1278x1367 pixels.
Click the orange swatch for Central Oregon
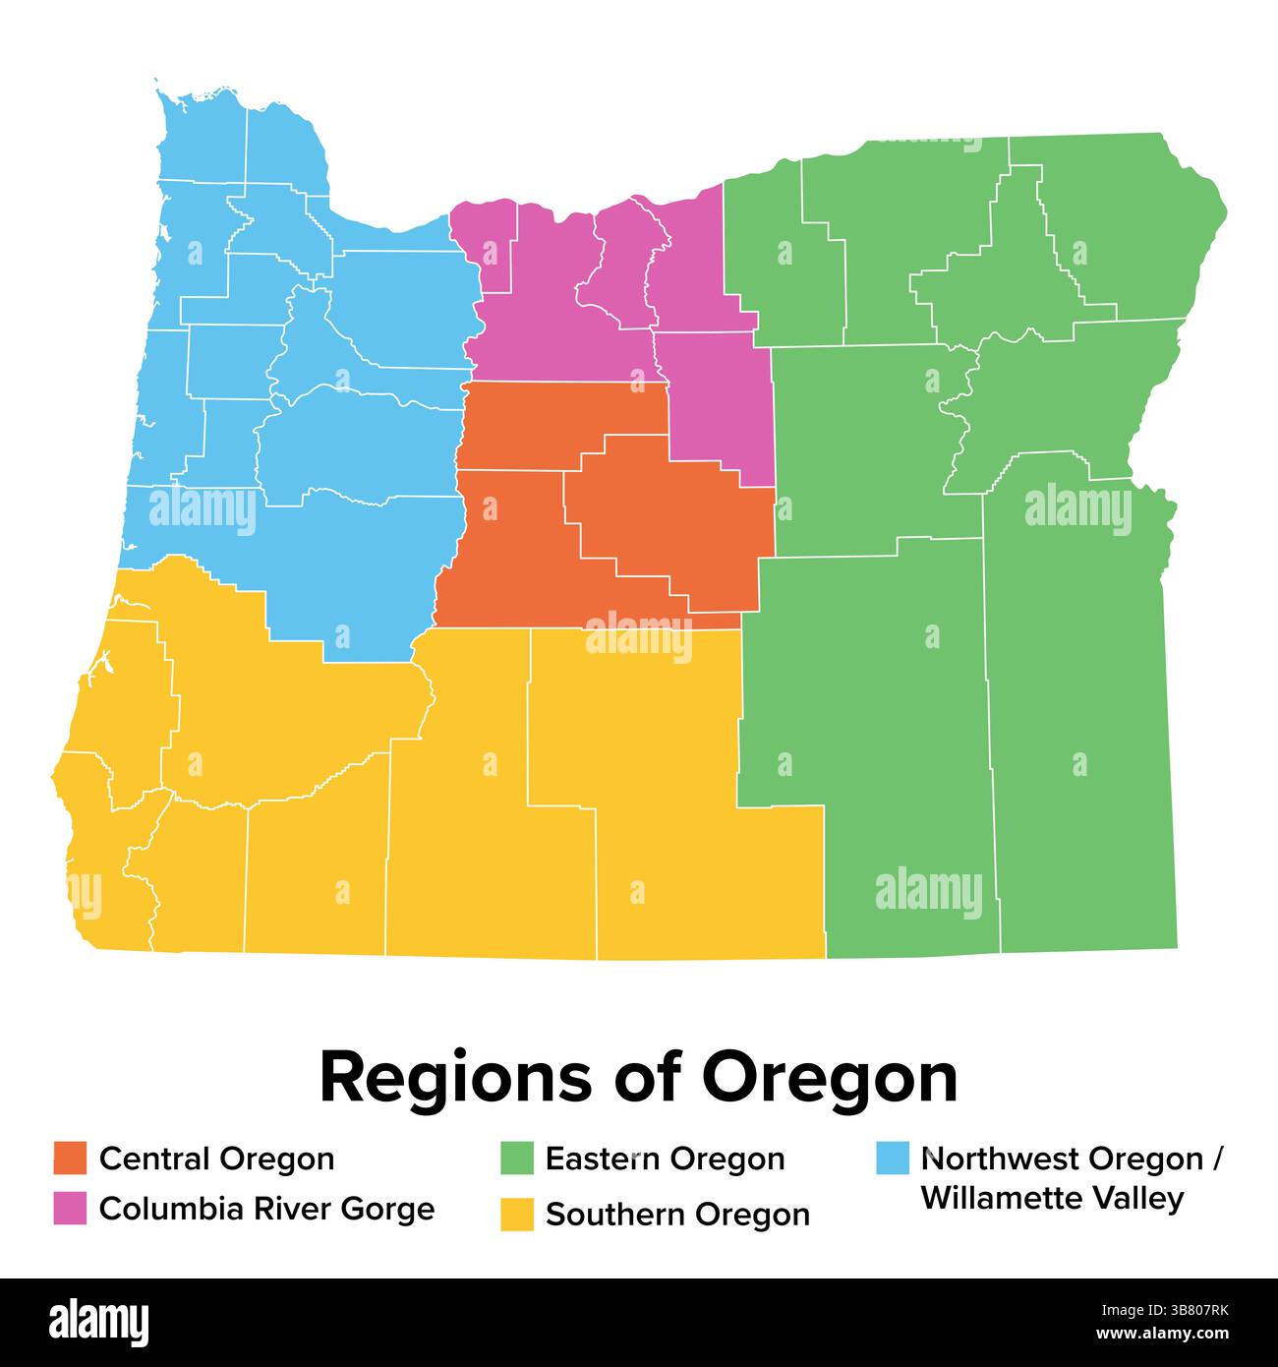[70, 1158]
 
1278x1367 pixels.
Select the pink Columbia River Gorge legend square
[70, 1208]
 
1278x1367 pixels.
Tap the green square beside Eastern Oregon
[516, 1158]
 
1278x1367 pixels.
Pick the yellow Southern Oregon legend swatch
[516, 1214]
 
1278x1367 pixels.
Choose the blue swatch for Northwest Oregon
[892, 1158]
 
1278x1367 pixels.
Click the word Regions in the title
[455, 1079]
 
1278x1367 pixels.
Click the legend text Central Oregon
[216, 1159]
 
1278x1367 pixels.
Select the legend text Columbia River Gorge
[266, 1209]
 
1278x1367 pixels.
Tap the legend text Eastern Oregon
[665, 1159]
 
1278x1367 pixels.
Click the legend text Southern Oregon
[677, 1215]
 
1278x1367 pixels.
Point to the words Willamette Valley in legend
[1052, 1199]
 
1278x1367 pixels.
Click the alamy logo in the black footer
[99, 1322]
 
